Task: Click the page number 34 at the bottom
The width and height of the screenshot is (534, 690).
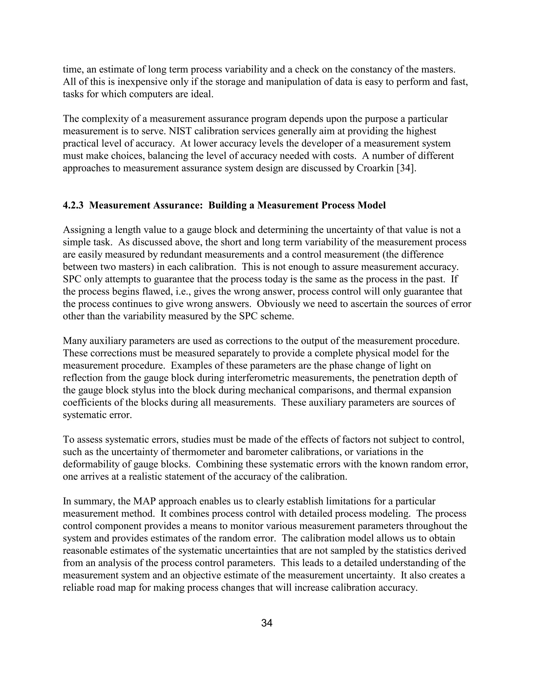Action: click(267, 623)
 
